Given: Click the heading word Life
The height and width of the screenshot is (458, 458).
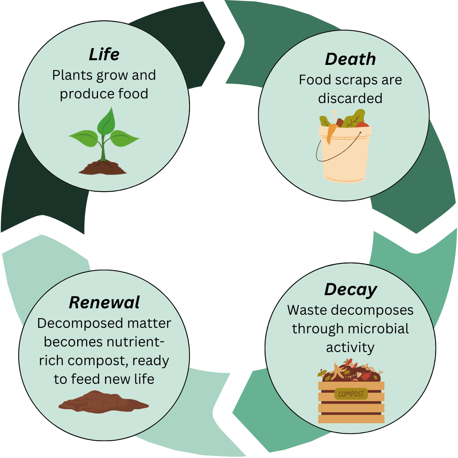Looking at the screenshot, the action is point(104,54).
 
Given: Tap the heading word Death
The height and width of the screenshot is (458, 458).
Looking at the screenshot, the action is point(350,59).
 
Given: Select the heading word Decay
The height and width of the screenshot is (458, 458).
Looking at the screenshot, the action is point(350,290).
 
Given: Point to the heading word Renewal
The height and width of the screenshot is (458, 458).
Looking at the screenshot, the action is point(104,302).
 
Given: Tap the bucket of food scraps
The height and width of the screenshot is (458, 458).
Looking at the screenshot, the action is point(344,153).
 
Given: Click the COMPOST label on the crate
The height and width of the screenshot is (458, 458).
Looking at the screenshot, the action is point(351,394).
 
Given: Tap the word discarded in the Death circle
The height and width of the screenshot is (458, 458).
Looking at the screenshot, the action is point(350,98).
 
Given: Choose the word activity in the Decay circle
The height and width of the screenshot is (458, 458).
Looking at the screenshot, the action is point(350,347).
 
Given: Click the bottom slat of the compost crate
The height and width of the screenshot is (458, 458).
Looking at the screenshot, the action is point(351,419).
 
